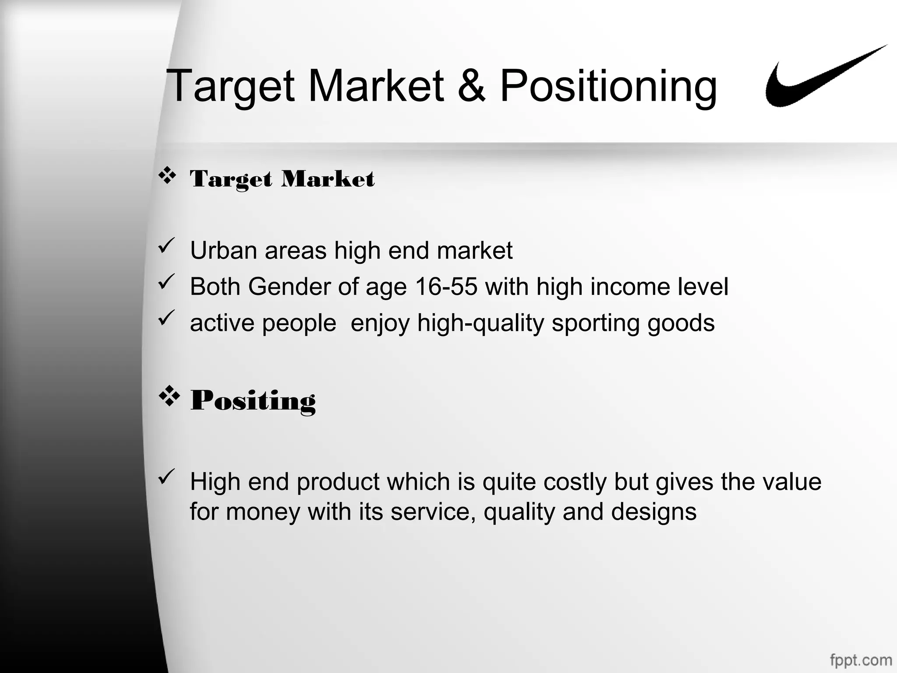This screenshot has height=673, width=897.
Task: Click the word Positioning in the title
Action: [x=608, y=86]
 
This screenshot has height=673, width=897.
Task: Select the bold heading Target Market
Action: [x=282, y=179]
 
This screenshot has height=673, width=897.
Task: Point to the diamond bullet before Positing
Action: [x=169, y=397]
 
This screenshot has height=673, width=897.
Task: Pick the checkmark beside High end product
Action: [x=166, y=477]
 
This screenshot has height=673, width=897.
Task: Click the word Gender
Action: [x=289, y=287]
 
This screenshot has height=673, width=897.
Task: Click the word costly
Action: [x=575, y=482]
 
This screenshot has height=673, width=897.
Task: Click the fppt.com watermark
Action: [x=861, y=660]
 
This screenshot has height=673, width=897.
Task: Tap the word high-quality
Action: [x=480, y=323]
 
